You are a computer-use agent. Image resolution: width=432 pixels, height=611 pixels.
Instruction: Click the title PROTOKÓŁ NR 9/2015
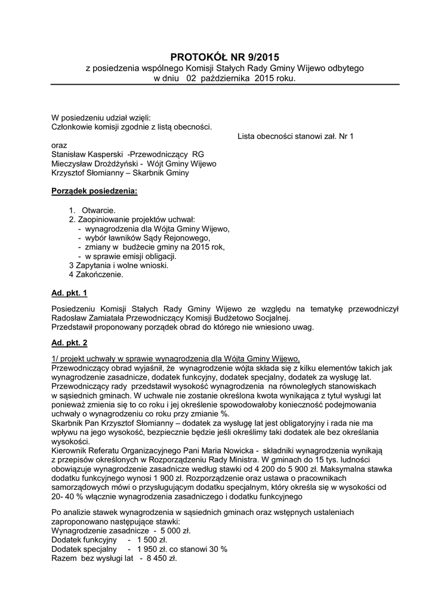coord(224,57)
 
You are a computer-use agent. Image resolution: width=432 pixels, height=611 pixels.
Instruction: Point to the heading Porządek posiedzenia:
coord(94,192)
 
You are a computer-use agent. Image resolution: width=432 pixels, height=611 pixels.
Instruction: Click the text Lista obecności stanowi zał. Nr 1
coord(295,136)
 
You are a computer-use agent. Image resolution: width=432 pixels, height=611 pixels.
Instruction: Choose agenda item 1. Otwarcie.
coord(92,210)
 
